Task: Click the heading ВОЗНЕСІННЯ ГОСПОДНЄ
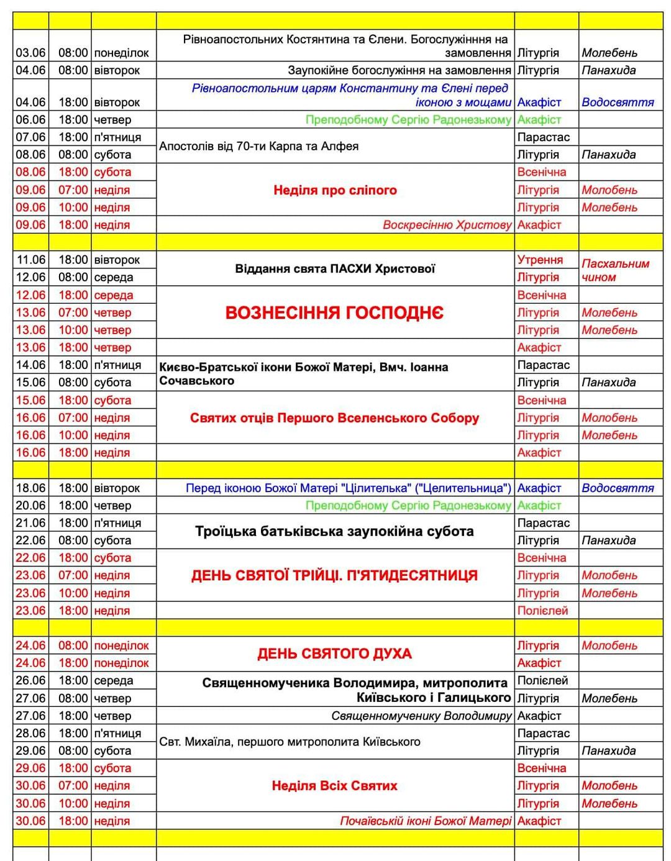coord(334,312)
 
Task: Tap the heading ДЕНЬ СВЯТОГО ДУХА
coord(334,654)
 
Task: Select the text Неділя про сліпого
coord(335,190)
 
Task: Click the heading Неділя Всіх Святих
coord(334,786)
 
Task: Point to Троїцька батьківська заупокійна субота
coord(334,532)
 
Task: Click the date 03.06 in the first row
coord(30,53)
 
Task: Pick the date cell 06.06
coord(30,119)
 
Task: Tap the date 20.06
coord(30,506)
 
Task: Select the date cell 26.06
coord(30,680)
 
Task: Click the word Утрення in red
coord(540,260)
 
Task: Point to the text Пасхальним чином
coord(615,270)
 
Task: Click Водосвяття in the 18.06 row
coord(618,488)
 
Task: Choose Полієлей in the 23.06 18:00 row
coord(542,611)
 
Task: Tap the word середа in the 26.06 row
coord(114,680)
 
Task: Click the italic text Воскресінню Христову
coord(447,225)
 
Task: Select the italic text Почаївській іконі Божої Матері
coord(426,821)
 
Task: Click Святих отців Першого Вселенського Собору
coord(334,418)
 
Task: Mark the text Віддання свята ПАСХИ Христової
coord(335,269)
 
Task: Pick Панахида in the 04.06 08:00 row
coord(608,70)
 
